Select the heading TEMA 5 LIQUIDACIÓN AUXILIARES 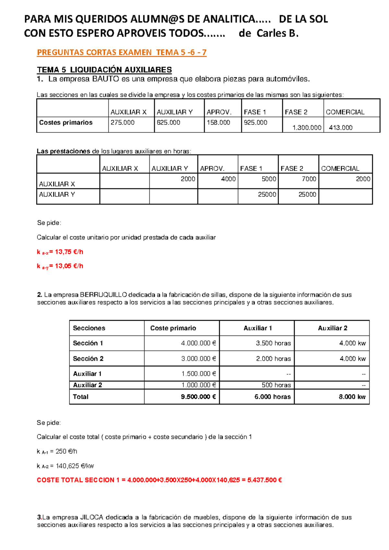104,70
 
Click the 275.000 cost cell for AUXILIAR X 123,122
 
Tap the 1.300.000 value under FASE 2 307,128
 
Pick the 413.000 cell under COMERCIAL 341,128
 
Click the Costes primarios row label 66,122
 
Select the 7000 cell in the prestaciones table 309,179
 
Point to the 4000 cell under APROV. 228,179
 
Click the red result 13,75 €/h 69,252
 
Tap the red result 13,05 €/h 69,266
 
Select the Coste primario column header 173,328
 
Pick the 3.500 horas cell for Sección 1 273,343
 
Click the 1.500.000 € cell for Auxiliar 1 198,374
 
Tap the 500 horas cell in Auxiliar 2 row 276,385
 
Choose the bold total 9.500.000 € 198,397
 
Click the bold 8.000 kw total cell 352,397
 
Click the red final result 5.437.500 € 265,480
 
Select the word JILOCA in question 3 91,517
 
